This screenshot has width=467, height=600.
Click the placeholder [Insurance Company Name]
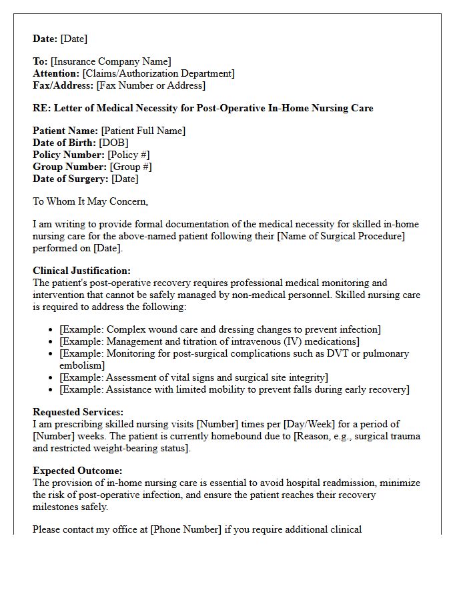pyautogui.click(x=111, y=62)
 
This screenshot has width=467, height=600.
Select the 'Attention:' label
pyautogui.click(x=56, y=74)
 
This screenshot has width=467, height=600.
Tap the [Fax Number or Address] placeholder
pyautogui.click(x=151, y=86)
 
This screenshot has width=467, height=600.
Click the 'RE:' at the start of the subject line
pyautogui.click(x=42, y=108)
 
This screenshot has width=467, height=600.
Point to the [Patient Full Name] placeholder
pyautogui.click(x=143, y=131)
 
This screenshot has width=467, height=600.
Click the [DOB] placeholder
pyautogui.click(x=113, y=143)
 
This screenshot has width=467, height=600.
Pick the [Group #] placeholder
pyautogui.click(x=131, y=167)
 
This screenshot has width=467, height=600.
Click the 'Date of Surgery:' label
pyautogui.click(x=71, y=179)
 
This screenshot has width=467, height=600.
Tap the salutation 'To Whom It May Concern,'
pyautogui.click(x=91, y=201)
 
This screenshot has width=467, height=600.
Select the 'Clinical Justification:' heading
pyautogui.click(x=82, y=271)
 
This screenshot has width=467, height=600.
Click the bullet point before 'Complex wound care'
pyautogui.click(x=52, y=330)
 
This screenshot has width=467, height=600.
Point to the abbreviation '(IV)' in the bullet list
pyautogui.click(x=290, y=342)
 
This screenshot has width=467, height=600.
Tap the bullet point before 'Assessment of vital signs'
pyautogui.click(x=52, y=378)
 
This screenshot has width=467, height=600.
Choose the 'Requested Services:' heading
pyautogui.click(x=78, y=413)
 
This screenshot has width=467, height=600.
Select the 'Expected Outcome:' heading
pyautogui.click(x=77, y=471)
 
